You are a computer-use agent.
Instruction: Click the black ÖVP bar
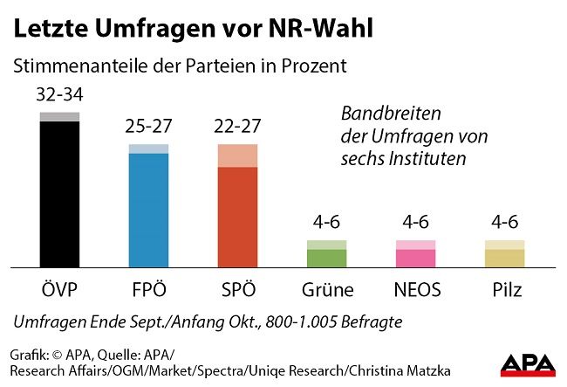point(59,192)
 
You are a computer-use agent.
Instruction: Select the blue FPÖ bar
point(148,208)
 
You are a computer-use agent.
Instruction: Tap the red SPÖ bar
point(238,214)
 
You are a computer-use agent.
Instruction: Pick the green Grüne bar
point(327,257)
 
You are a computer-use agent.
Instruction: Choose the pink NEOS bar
point(416,257)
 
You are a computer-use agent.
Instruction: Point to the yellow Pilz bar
point(505,257)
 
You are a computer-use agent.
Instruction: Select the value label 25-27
point(148,128)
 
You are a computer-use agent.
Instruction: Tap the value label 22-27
point(238,128)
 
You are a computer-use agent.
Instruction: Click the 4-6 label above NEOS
point(416,224)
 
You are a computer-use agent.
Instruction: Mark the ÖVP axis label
point(59,289)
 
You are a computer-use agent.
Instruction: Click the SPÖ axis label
point(238,289)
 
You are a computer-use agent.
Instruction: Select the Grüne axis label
point(327,289)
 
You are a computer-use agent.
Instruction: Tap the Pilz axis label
point(505,289)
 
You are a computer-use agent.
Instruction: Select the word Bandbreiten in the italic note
point(391,114)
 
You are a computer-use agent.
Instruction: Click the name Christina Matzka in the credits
point(325,372)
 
